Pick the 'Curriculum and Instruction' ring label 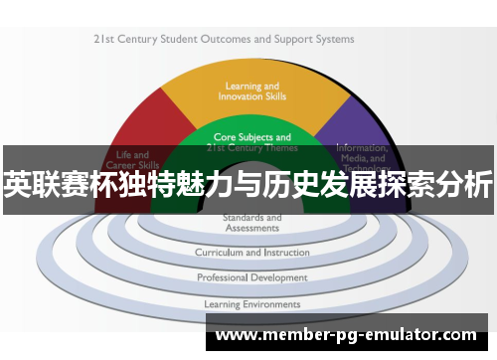pos(250,253)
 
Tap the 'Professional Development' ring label pos(250,277)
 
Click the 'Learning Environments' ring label pos(251,303)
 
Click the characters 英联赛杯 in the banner pos(65,185)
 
